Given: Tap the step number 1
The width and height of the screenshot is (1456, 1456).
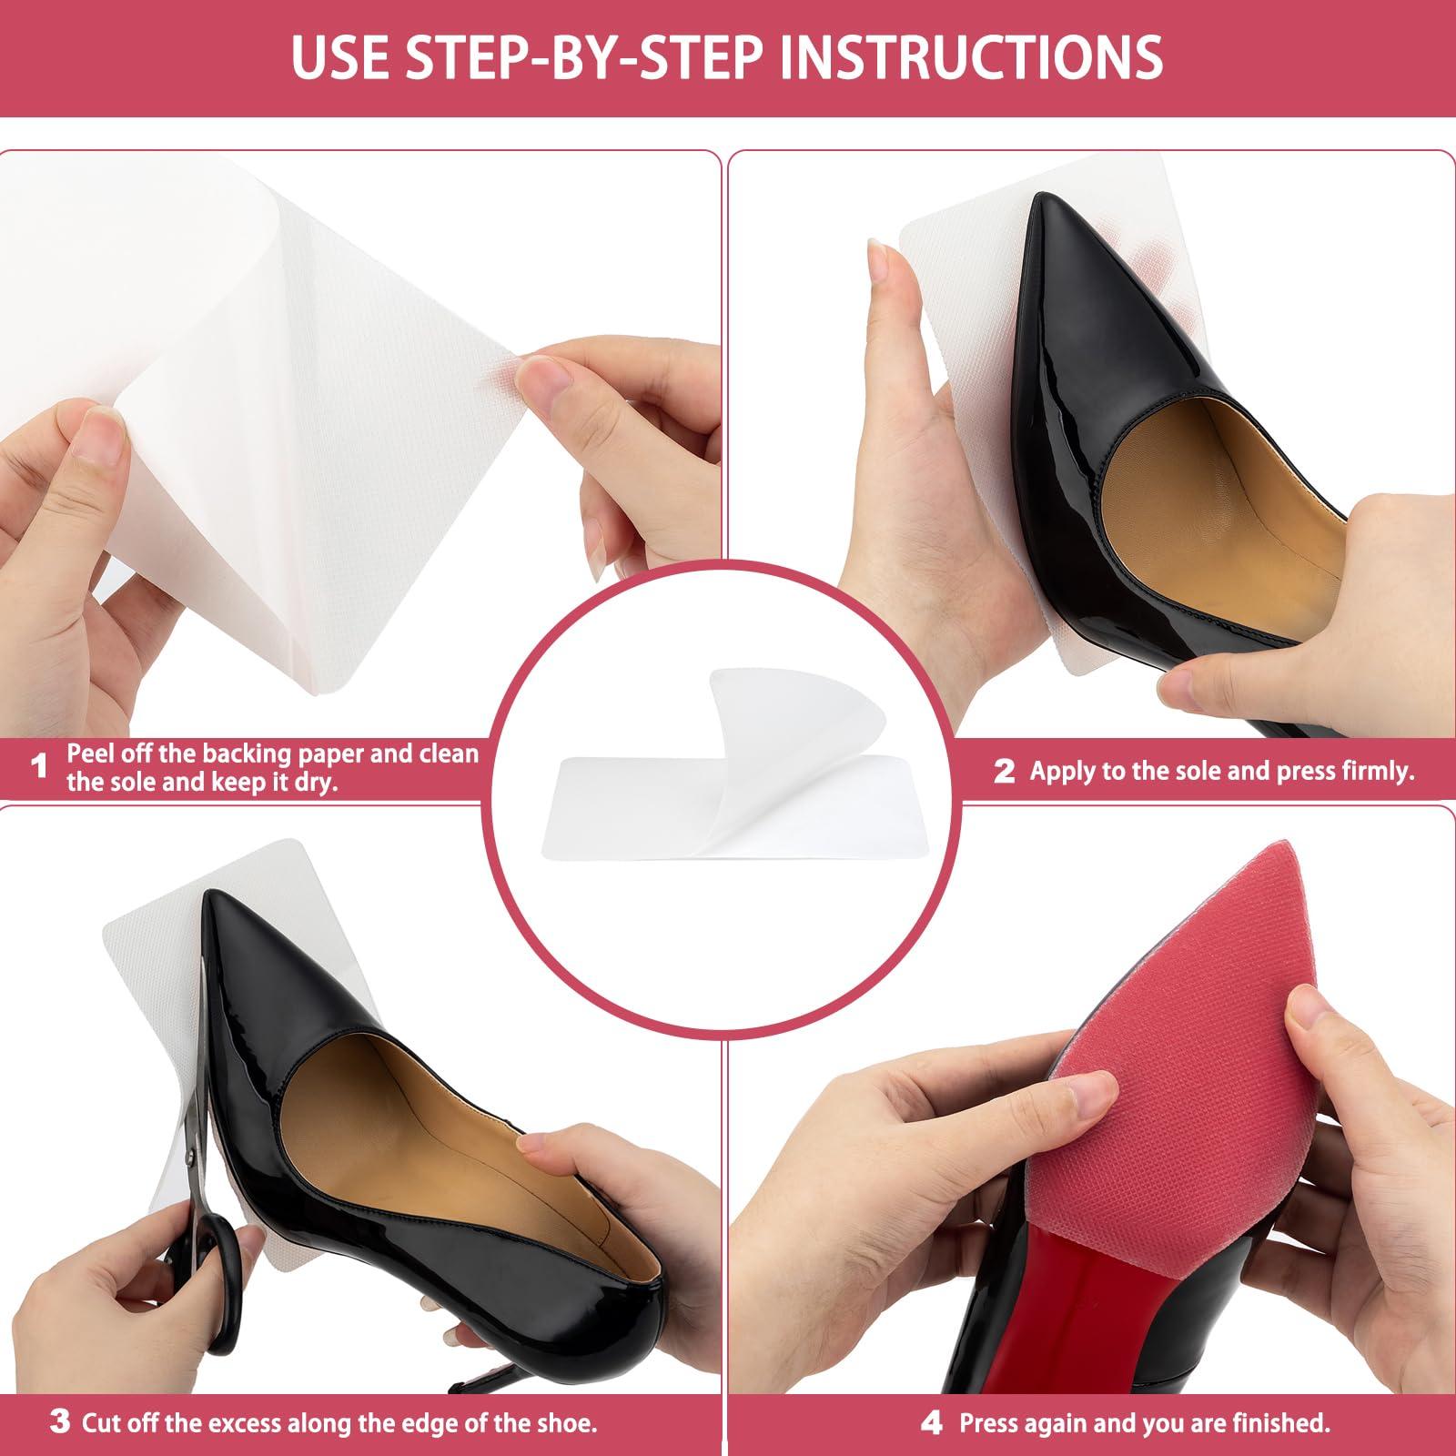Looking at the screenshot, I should (37, 767).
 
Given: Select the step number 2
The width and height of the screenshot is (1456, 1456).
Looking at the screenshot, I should (1004, 772).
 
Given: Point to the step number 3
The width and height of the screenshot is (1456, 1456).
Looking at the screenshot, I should (59, 1421).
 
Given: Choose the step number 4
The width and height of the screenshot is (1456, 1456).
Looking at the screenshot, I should (931, 1422).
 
